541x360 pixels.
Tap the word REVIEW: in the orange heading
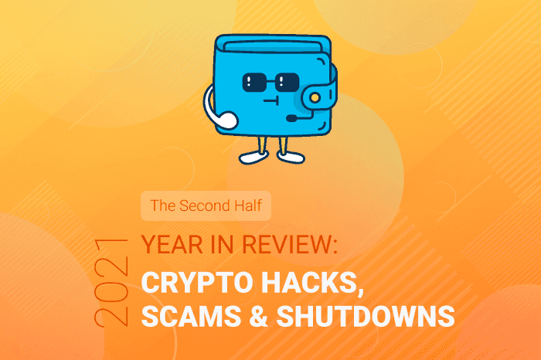click(x=290, y=244)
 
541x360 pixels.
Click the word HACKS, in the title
click(x=312, y=284)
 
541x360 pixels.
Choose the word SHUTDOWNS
click(x=366, y=316)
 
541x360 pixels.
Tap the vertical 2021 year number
click(x=111, y=283)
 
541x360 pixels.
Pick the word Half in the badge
click(x=248, y=205)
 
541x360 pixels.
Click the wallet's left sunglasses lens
click(x=254, y=82)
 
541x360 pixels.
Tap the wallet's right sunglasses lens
click(x=287, y=82)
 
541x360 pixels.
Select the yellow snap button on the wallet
click(x=315, y=98)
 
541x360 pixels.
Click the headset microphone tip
click(x=291, y=119)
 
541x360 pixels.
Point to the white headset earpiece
click(x=226, y=121)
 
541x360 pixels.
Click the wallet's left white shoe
click(x=253, y=158)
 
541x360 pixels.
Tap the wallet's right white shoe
click(x=291, y=158)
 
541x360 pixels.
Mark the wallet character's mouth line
click(x=271, y=100)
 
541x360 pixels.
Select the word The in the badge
click(x=163, y=205)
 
